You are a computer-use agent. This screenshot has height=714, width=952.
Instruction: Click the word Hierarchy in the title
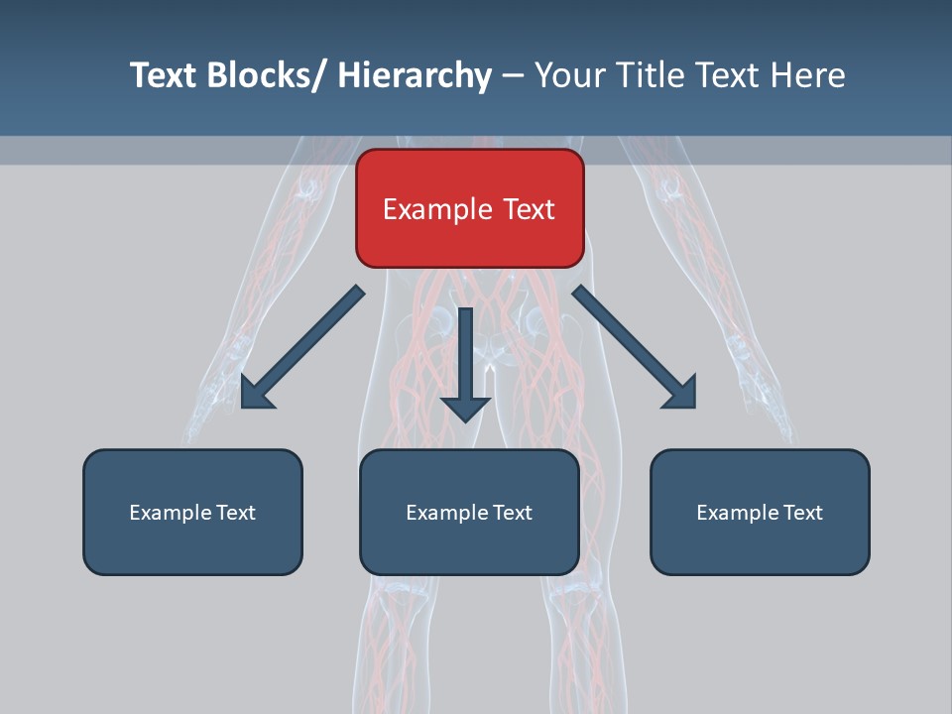pos(415,75)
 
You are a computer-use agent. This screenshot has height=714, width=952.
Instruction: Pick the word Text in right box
pos(802,513)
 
